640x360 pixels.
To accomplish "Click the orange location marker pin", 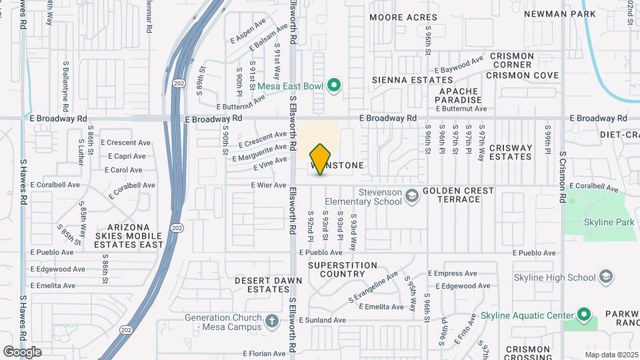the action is [320, 159].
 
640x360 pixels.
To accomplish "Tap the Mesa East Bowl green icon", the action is [335, 85].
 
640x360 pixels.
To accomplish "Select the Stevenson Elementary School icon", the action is [413, 195].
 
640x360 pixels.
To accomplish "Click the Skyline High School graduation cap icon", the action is [605, 277].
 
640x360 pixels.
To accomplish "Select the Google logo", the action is [22, 352].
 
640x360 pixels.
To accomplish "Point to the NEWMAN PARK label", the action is [569, 13].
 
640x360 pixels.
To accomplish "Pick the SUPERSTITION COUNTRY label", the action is [346, 269].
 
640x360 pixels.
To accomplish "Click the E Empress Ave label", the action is [453, 273].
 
